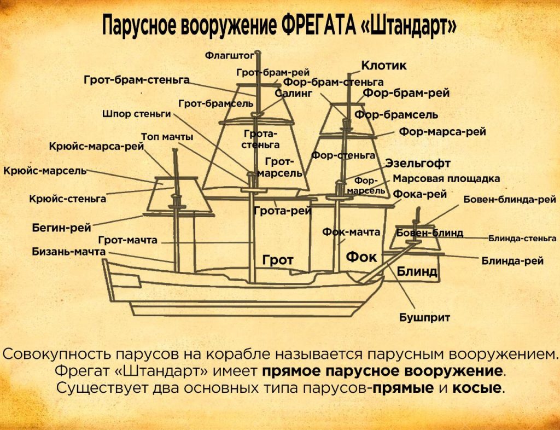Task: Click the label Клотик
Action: [384, 66]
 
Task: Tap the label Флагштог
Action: [230, 55]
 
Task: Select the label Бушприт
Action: [424, 317]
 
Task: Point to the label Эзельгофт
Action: [418, 164]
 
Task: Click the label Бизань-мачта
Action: [68, 252]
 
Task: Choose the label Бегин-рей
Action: [61, 228]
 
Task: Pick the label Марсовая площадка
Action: [446, 178]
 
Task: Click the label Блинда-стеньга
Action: [522, 238]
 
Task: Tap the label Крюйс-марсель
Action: [45, 171]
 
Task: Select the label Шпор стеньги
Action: [137, 114]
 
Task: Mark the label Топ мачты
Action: [167, 137]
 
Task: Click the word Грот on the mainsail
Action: [278, 260]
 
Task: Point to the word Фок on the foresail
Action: [361, 257]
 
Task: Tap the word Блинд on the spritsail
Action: [417, 271]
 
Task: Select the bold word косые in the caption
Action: [477, 388]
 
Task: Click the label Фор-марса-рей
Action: [442, 132]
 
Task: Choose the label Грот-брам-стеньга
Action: [137, 80]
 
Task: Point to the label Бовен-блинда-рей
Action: [510, 199]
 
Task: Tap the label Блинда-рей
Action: [512, 261]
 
